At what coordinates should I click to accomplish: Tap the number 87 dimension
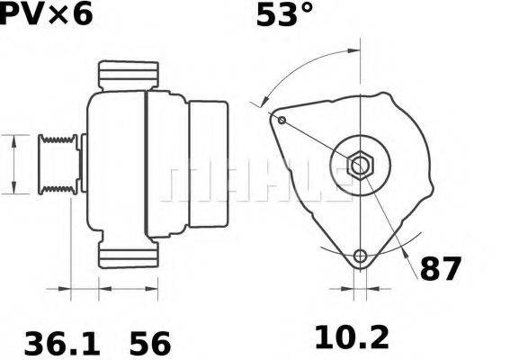tap(441, 268)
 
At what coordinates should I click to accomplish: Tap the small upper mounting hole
tap(282, 120)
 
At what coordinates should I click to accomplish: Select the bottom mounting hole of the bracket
tap(361, 256)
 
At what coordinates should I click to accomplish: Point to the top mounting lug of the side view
tap(129, 75)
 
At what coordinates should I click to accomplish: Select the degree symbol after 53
tap(307, 10)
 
